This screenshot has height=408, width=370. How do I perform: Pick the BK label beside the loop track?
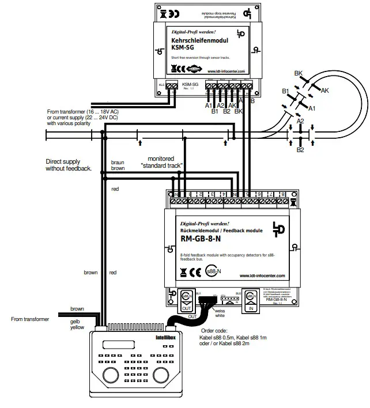tap(298, 74)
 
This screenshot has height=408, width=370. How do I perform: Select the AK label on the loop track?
tap(324, 90)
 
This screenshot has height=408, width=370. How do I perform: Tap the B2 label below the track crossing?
tap(300, 150)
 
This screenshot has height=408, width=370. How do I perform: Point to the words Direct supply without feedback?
tap(69, 165)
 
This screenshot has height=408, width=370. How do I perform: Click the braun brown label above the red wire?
tap(118, 167)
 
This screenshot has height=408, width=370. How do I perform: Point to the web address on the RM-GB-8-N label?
tap(262, 275)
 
